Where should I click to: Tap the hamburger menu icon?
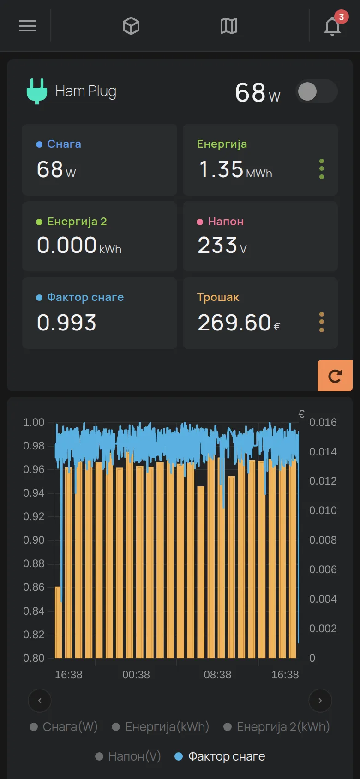coord(28,26)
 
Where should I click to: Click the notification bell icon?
coord(332,26)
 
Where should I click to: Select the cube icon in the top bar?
coord(131,26)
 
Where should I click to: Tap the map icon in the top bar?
coord(229,26)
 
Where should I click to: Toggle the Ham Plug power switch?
coord(317,91)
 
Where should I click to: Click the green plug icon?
coord(37,91)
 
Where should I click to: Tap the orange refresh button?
coord(335,376)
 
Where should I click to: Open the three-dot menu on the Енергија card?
coord(322,169)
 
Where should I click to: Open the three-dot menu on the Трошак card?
coord(322,322)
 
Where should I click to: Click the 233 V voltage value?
coord(222,245)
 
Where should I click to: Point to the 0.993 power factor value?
coord(66,323)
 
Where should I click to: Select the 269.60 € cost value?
coord(239,323)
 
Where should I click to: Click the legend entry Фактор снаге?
coord(220,756)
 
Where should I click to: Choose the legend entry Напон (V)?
coord(128,756)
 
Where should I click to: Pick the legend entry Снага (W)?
coord(64,727)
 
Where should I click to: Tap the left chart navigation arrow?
coord(40,701)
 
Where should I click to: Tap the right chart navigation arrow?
coord(320,701)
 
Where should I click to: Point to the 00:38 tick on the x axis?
coord(136,675)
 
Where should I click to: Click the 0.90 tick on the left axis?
coord(34,540)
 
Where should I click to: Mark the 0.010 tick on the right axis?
coord(323,510)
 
